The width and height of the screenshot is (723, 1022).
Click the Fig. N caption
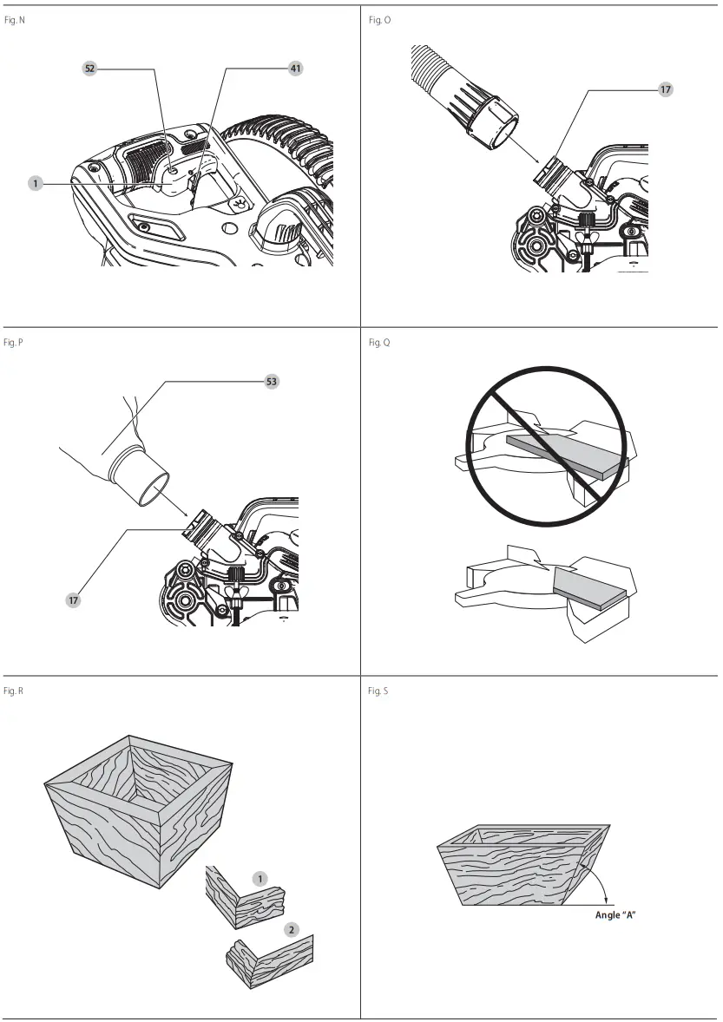click(x=15, y=19)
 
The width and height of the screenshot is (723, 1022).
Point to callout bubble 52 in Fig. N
click(x=90, y=68)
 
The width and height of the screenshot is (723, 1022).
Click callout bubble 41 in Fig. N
click(x=296, y=68)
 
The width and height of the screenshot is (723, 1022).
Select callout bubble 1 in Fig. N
click(x=35, y=183)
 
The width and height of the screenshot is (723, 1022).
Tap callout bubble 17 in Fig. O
click(x=666, y=88)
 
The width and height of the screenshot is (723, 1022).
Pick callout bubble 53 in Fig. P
click(x=272, y=381)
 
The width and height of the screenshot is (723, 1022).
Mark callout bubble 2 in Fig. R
click(x=292, y=929)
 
